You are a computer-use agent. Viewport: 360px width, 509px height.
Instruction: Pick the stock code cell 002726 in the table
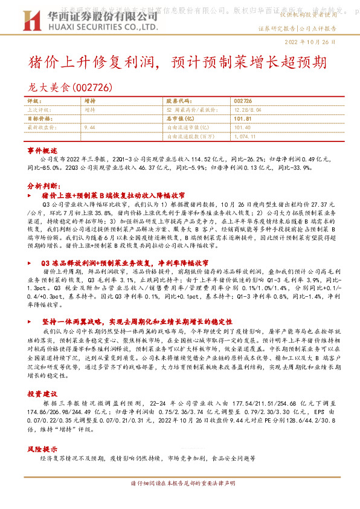click(242, 102)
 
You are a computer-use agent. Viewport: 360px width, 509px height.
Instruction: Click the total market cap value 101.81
click(242, 119)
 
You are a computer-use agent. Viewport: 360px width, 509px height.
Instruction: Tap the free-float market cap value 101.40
click(242, 128)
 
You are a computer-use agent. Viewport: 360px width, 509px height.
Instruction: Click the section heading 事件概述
click(42, 149)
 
